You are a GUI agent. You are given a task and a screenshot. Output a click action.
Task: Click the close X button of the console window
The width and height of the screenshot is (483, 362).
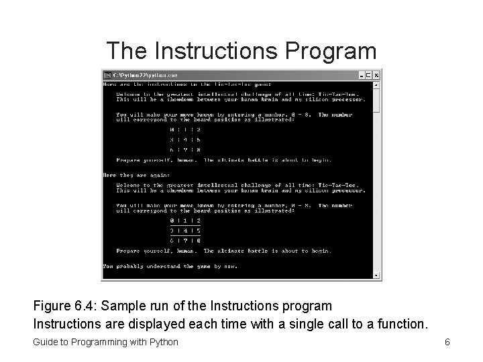[376, 74]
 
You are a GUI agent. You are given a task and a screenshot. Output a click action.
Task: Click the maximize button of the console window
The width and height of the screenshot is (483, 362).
[368, 74]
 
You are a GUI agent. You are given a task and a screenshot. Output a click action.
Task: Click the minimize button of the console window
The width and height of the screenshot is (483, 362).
[360, 74]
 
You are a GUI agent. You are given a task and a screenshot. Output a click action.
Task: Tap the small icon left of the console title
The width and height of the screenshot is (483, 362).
[107, 74]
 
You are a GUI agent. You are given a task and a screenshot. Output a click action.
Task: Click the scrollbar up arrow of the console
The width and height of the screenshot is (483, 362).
[376, 85]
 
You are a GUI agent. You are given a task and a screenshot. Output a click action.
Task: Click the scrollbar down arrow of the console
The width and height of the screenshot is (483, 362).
[376, 275]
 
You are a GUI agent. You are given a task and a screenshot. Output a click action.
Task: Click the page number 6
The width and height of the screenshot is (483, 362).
[447, 343]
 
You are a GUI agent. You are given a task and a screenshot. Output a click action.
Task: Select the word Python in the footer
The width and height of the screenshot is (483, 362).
[162, 343]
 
